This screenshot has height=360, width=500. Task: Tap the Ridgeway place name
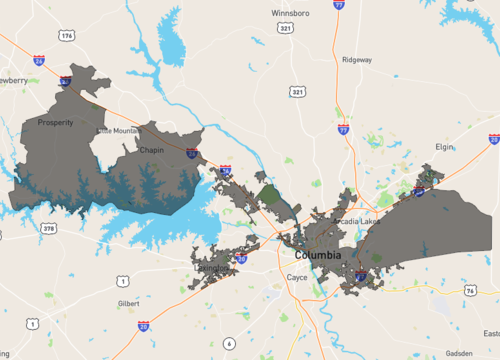click(356, 59)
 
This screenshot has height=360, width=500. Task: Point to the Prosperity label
click(55, 123)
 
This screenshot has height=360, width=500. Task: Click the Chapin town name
click(152, 150)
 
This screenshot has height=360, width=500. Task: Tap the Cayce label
click(296, 277)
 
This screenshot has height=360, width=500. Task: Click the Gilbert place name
click(128, 302)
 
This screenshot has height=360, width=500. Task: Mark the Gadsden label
click(459, 353)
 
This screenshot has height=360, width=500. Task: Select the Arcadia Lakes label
click(357, 221)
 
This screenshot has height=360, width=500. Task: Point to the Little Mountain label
click(119, 131)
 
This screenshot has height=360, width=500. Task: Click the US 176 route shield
click(66, 36)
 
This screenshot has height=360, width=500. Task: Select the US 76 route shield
click(470, 290)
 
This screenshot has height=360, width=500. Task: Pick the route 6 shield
click(229, 343)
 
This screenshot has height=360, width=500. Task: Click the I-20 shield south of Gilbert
click(144, 326)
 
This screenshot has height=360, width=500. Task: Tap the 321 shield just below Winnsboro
click(285, 30)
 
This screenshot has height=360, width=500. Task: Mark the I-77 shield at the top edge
click(339, 5)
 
